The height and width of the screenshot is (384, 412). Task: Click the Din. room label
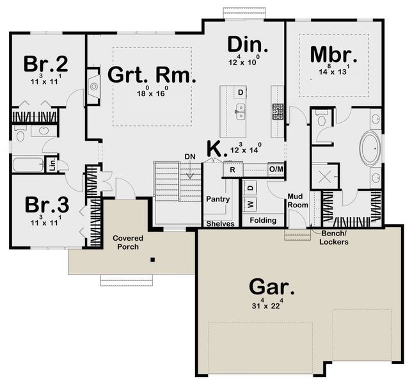click(248, 46)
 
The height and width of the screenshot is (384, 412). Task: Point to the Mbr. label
click(330, 55)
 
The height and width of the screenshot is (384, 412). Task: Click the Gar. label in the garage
click(272, 286)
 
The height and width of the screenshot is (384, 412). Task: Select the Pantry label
click(218, 199)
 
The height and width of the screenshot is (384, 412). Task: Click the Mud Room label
click(298, 201)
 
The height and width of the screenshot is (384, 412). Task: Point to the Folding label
click(263, 221)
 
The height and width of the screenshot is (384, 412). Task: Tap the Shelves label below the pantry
click(219, 224)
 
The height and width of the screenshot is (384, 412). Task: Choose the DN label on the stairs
click(189, 157)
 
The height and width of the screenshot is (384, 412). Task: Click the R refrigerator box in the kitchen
click(232, 170)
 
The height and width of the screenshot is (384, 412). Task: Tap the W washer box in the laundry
click(250, 204)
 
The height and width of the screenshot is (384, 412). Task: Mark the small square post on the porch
click(152, 260)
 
